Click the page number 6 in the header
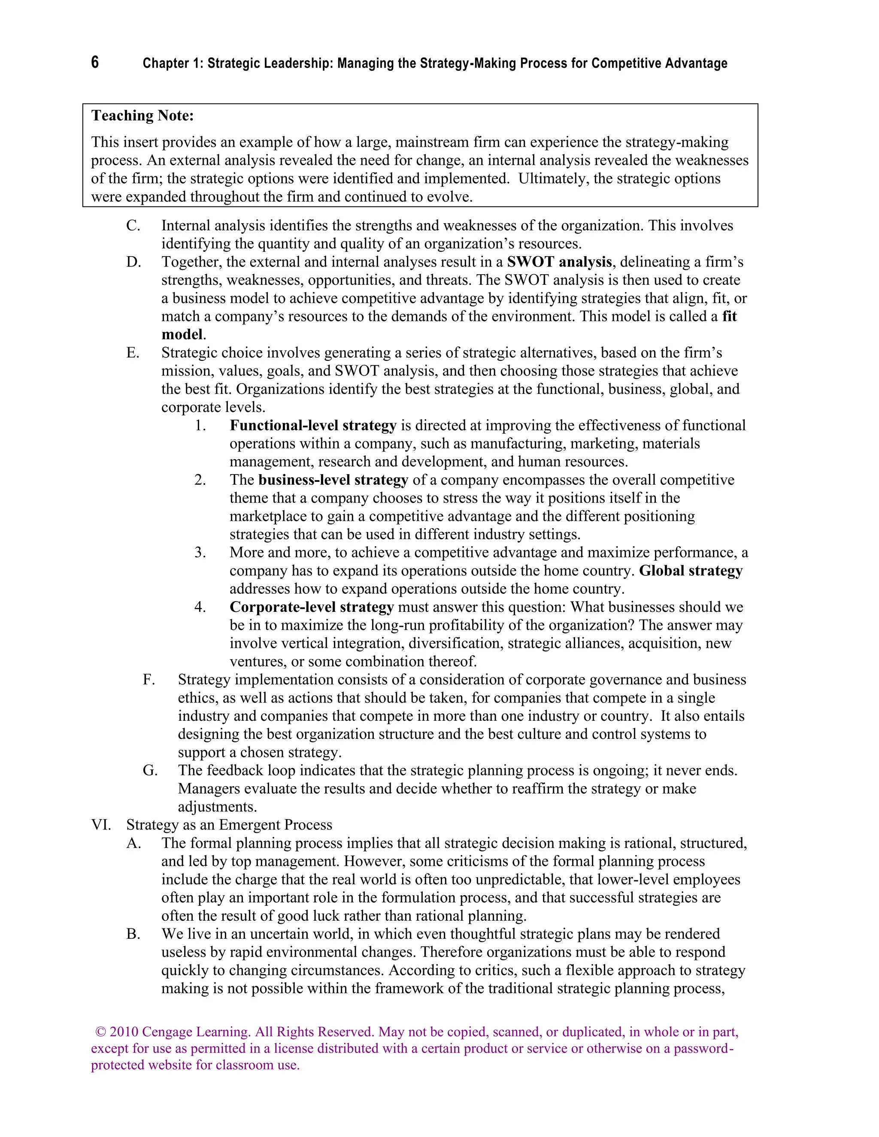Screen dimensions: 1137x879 click(x=95, y=63)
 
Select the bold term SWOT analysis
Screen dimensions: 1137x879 click(x=559, y=262)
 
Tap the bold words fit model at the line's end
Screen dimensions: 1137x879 click(x=729, y=317)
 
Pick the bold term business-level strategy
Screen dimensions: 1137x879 click(x=333, y=480)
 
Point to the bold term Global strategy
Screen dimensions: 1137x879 click(x=691, y=571)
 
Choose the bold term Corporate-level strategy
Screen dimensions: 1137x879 click(x=312, y=607)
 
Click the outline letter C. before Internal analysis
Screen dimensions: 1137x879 click(x=133, y=226)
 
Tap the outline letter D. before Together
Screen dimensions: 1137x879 click(x=133, y=262)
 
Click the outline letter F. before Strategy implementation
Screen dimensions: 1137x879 click(x=149, y=680)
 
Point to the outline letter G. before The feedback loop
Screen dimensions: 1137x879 click(x=150, y=771)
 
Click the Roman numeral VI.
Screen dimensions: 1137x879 click(x=101, y=825)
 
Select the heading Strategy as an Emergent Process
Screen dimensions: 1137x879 click(x=229, y=825)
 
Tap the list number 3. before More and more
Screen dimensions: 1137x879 click(x=200, y=553)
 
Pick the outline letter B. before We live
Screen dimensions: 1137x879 click(x=133, y=934)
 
